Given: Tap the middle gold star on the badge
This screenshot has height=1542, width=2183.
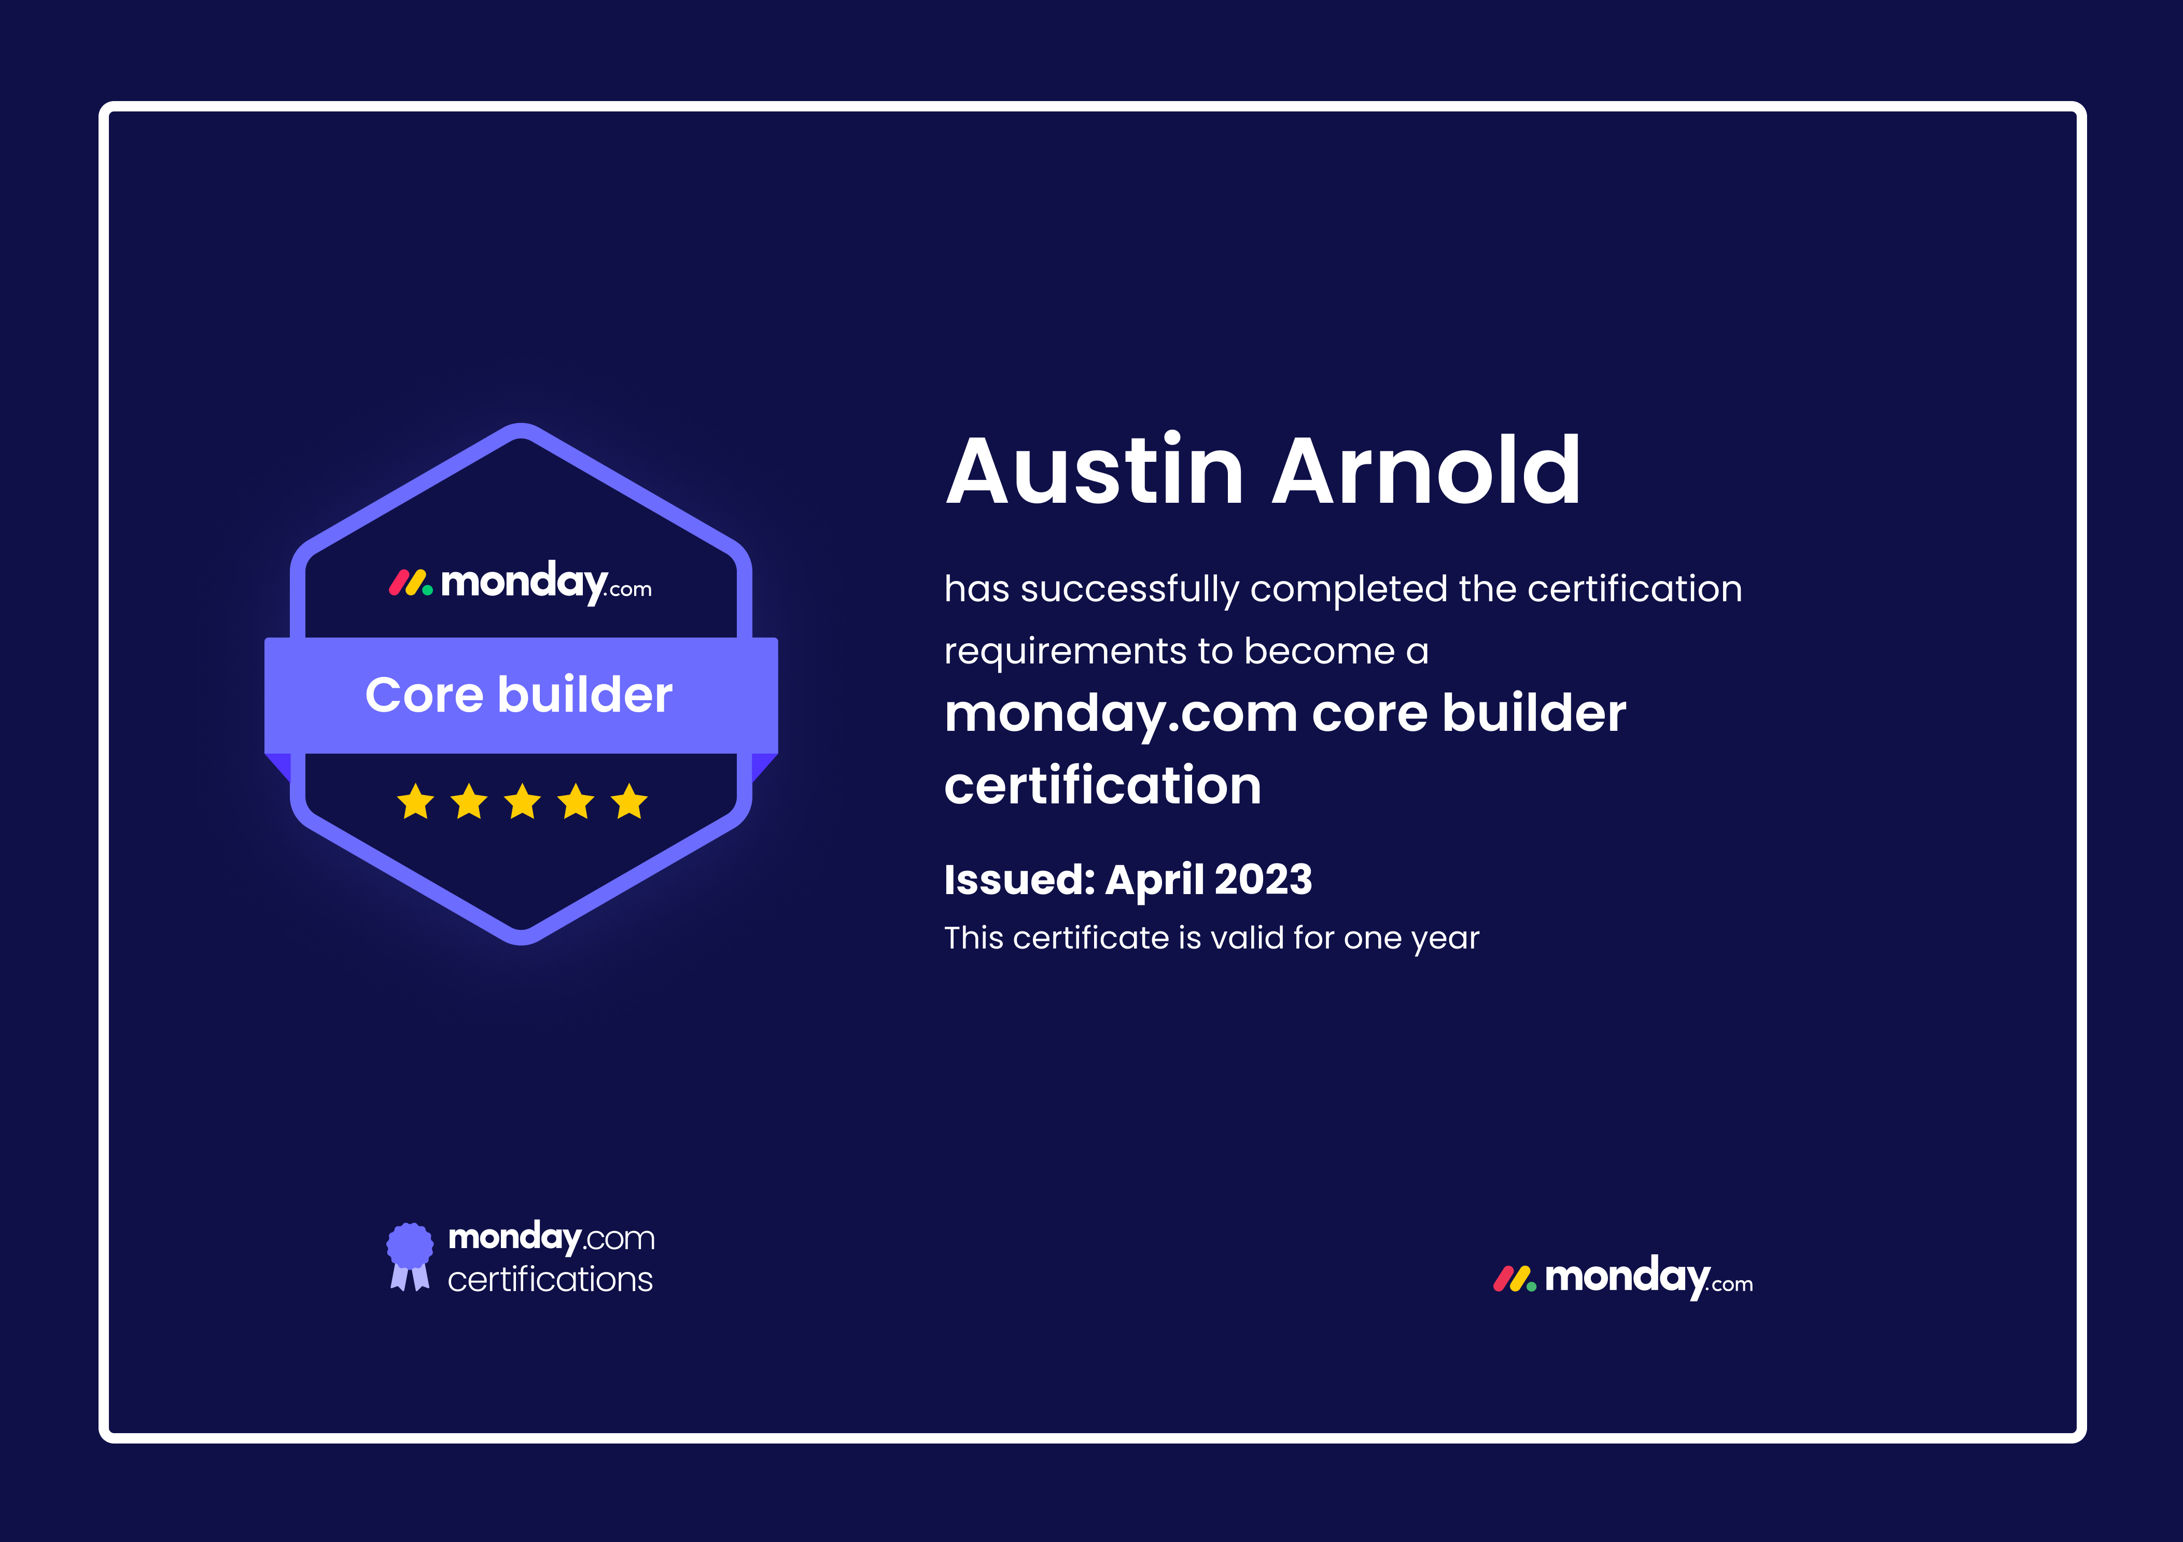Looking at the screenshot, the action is click(523, 801).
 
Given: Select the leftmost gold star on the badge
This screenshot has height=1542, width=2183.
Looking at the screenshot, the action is click(415, 801).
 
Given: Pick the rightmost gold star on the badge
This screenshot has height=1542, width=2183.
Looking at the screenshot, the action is click(629, 801).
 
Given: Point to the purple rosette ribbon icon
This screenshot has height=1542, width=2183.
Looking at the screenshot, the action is click(410, 1256).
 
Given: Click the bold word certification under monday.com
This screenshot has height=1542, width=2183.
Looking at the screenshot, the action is click(1103, 786).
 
